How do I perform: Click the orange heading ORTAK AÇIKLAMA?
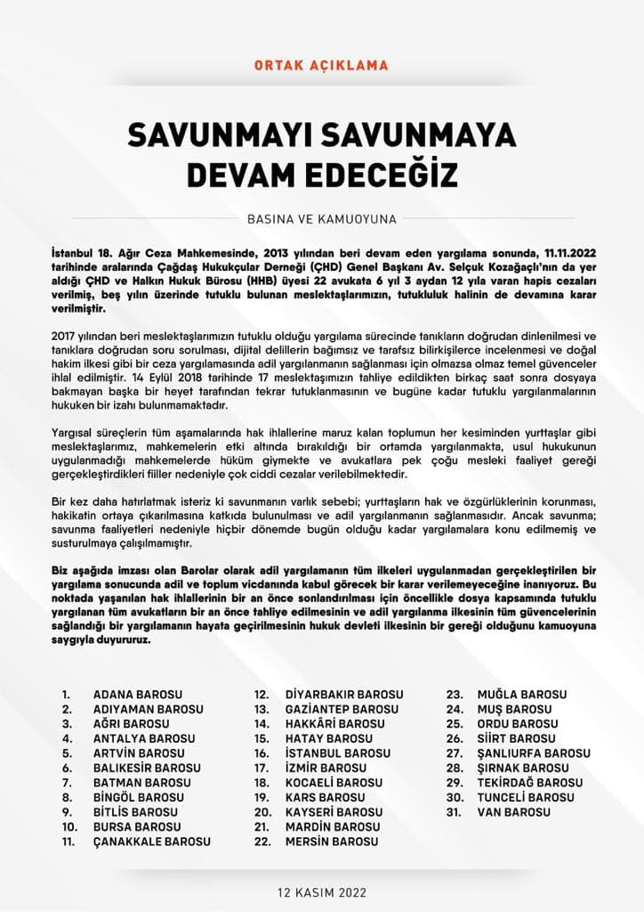coord(321,66)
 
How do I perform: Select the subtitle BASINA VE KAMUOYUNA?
coord(322,218)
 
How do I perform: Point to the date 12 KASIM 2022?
coord(321,892)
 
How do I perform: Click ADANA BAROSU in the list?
coord(137,694)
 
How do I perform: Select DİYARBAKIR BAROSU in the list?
coord(343,694)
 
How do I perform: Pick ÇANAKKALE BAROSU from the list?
coord(151,841)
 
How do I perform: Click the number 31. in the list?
coord(455,811)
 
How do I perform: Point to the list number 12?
coord(262,694)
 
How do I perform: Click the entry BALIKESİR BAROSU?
coord(144,768)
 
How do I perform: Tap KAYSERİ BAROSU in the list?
coord(334,811)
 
